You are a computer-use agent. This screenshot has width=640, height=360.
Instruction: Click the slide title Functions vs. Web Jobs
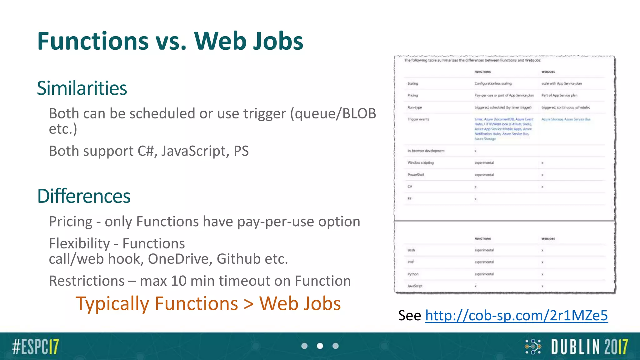pyautogui.click(x=170, y=41)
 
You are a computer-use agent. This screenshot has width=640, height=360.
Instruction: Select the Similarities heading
pyautogui.click(x=82, y=88)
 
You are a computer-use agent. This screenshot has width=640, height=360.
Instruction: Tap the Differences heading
pyautogui.click(x=84, y=196)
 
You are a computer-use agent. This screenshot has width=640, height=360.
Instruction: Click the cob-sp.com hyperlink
pyautogui.click(x=516, y=315)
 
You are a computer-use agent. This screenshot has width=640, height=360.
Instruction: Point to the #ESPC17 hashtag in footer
pyautogui.click(x=35, y=347)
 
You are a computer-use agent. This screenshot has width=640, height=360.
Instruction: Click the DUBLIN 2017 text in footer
pyautogui.click(x=589, y=347)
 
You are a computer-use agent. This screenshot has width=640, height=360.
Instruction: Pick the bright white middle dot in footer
pyautogui.click(x=320, y=346)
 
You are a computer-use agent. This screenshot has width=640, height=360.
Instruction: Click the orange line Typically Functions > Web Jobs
pyautogui.click(x=208, y=304)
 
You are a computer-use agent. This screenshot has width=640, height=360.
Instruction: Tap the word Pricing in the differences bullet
pyautogui.click(x=71, y=222)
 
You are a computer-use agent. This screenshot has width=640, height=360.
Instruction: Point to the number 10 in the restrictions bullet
pyautogui.click(x=178, y=281)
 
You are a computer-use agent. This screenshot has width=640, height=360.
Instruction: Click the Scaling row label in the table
pyautogui.click(x=412, y=83)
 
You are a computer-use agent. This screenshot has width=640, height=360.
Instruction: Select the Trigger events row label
pyautogui.click(x=418, y=119)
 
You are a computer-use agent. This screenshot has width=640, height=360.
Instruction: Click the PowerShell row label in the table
pyautogui.click(x=416, y=175)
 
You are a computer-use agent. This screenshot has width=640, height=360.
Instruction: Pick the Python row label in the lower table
pyautogui.click(x=413, y=274)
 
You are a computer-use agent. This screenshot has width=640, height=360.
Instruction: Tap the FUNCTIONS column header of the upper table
pyautogui.click(x=482, y=72)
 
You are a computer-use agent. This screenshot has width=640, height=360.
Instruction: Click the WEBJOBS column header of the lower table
pyautogui.click(x=548, y=239)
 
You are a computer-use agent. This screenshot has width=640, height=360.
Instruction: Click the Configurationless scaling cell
pyautogui.click(x=493, y=83)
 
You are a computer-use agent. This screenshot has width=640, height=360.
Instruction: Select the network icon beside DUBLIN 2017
pyautogui.click(x=533, y=347)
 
